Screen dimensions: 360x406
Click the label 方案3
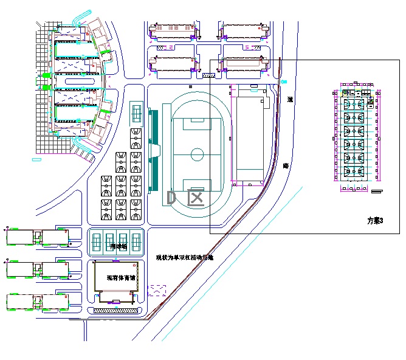[376, 220]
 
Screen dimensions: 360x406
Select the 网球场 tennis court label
[118, 247]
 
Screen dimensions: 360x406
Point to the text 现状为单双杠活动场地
[185, 257]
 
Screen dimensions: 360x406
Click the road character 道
[290, 99]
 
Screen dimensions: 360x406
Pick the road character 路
[286, 165]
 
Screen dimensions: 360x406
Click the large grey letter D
[171, 198]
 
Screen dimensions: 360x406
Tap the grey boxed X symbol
[196, 198]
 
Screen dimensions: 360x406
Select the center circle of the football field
[198, 154]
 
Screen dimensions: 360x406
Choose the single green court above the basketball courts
[136, 113]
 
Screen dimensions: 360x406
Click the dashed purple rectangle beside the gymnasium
[157, 290]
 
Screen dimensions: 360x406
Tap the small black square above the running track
[191, 87]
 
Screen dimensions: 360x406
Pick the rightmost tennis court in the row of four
[136, 242]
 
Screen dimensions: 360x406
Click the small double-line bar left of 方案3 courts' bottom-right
[377, 192]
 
